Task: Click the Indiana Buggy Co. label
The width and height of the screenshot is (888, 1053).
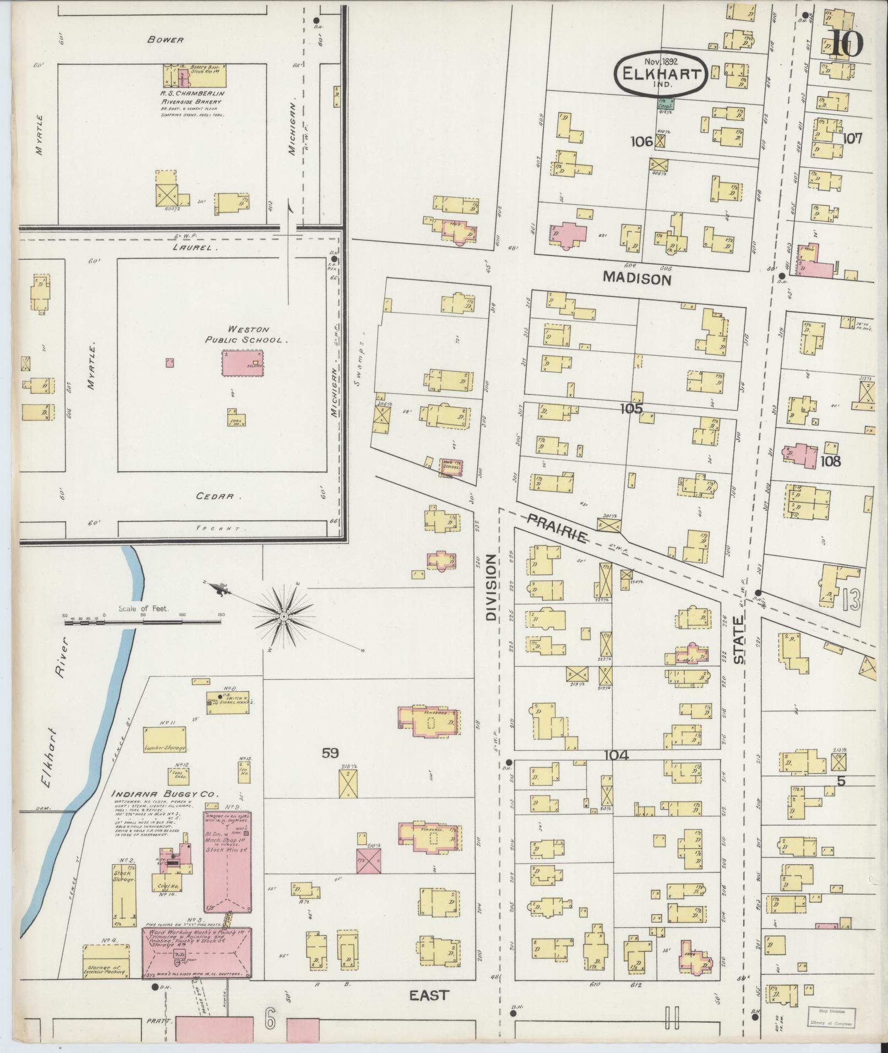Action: coord(165,794)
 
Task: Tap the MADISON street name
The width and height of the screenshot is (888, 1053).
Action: coord(637,279)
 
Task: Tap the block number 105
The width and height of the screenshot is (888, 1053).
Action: coord(630,408)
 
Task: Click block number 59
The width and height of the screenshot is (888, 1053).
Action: coord(330,753)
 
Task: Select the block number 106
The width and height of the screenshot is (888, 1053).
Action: coord(641,141)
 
